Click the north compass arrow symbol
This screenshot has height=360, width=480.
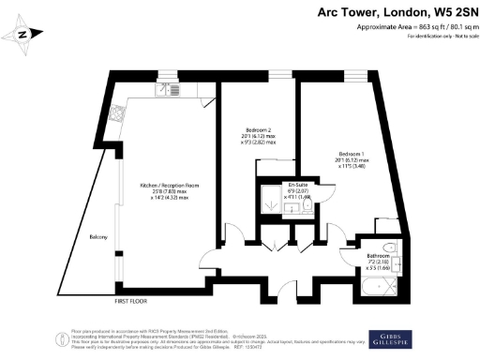pos(26,37)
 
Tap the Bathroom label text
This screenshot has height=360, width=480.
pos(379,255)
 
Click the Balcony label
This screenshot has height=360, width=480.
pos(98,236)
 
